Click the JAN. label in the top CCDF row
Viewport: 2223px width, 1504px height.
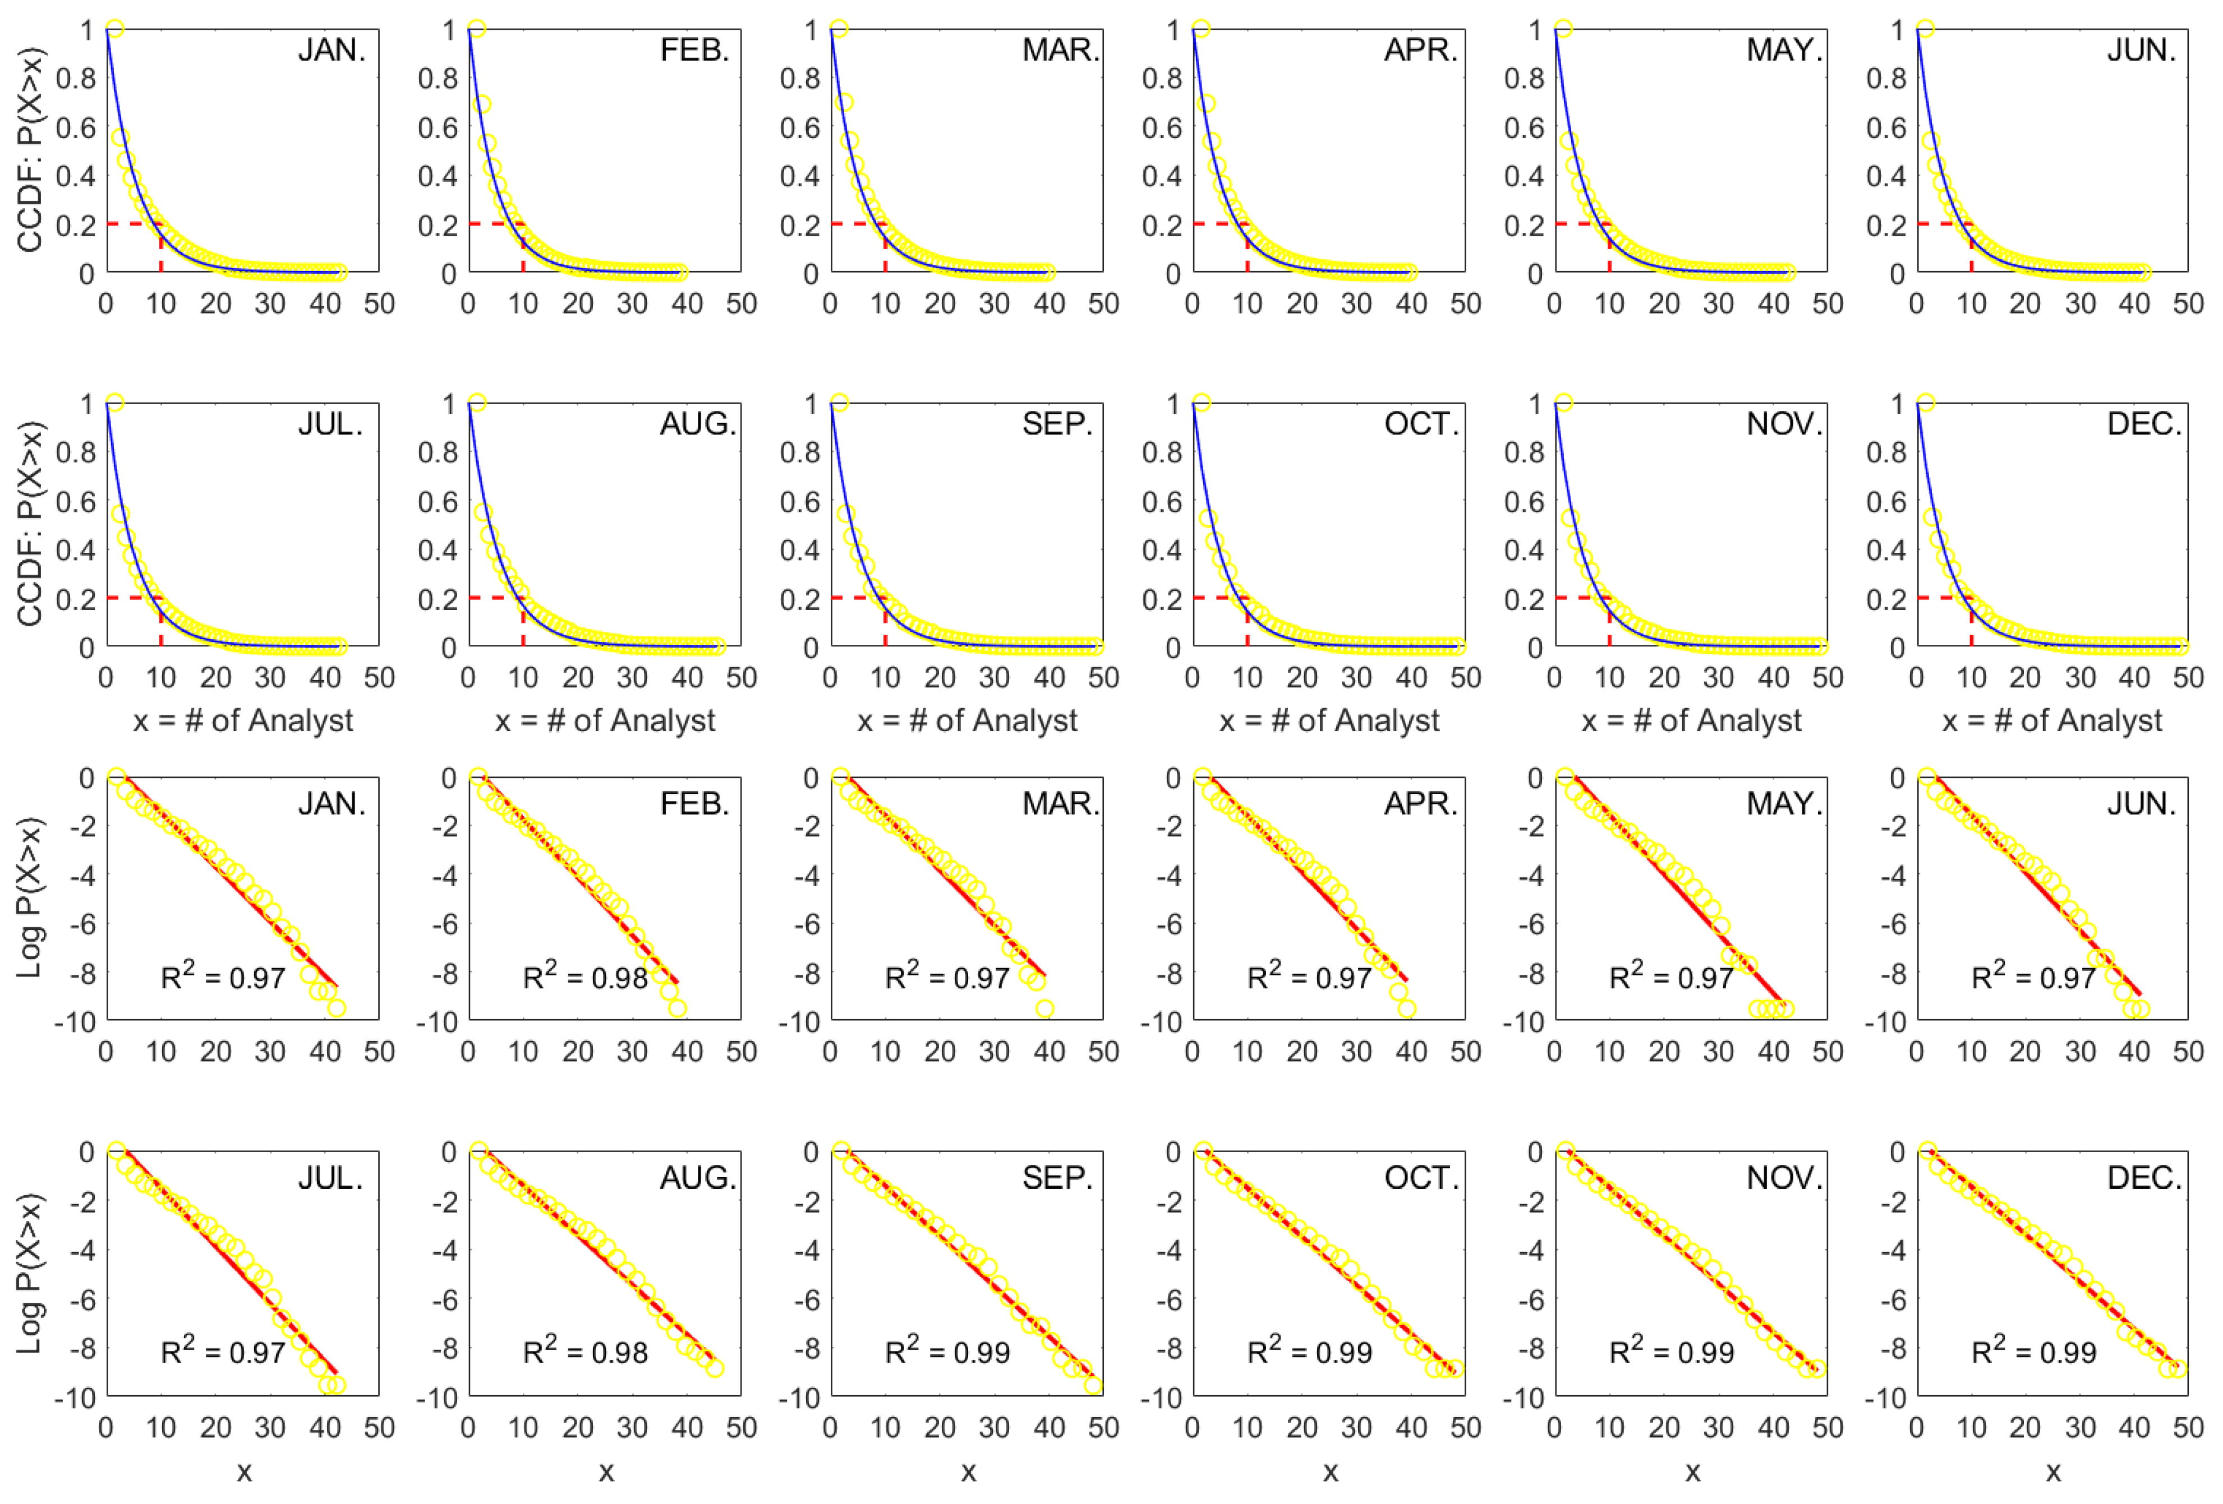(331, 50)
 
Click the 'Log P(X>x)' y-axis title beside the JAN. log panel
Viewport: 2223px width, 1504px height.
(30, 897)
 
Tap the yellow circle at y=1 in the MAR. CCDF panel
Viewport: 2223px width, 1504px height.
(839, 29)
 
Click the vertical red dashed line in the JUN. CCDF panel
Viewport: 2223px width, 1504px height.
(1972, 251)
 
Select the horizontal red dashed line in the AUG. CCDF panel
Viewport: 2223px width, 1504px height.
(495, 598)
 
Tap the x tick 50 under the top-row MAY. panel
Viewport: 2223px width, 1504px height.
(1827, 304)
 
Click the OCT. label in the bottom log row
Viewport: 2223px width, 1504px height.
(1421, 1178)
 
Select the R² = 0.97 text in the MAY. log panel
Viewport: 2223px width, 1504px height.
(1671, 977)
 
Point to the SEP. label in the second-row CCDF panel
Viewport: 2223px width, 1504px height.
(1057, 424)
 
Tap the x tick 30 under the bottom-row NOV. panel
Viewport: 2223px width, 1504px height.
(1719, 1428)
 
